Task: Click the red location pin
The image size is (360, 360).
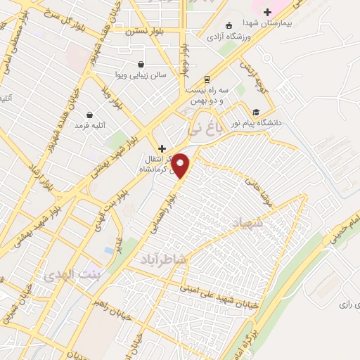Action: [181, 165]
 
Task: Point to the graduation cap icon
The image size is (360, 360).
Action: [256, 111]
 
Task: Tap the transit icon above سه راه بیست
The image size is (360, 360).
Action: [207, 79]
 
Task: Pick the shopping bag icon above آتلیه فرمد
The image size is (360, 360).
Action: [89, 115]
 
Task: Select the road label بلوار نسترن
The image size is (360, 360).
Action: [144, 32]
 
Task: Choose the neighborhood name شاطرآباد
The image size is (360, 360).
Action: [163, 259]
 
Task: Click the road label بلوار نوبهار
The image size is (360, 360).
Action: [184, 59]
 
